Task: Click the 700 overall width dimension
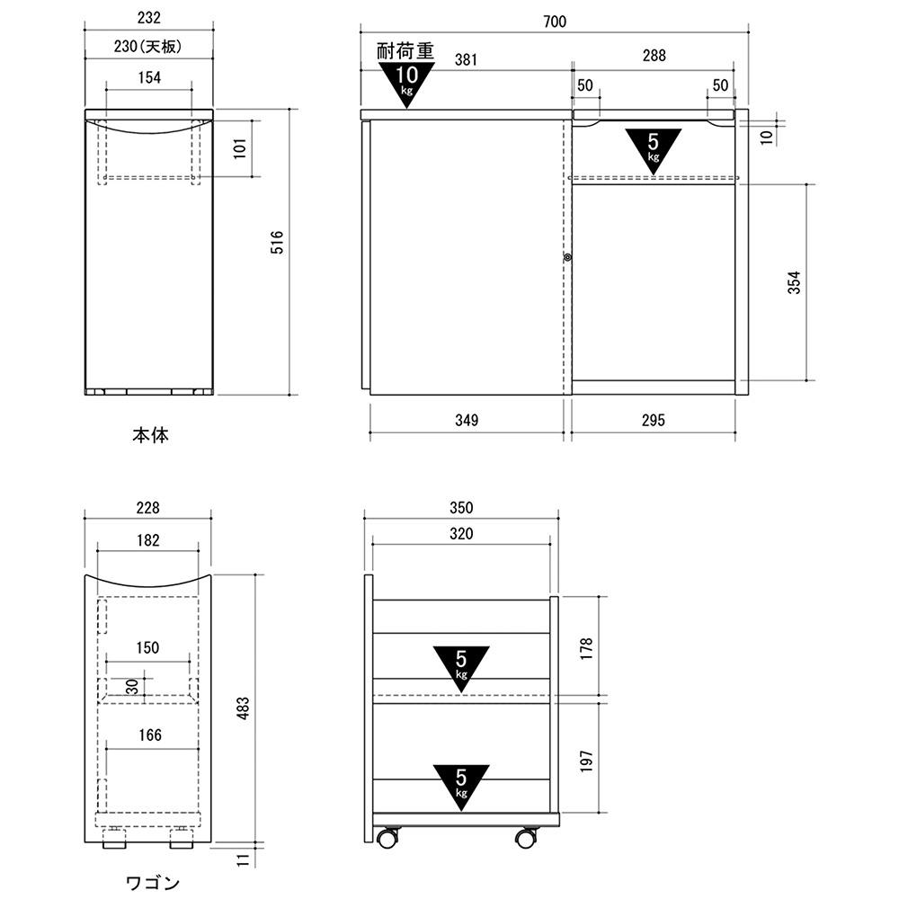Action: pyautogui.click(x=555, y=22)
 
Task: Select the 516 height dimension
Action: pyautogui.click(x=277, y=242)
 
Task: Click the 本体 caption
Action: pyautogui.click(x=150, y=435)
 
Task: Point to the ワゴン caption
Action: pyautogui.click(x=153, y=883)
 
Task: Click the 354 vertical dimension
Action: pyautogui.click(x=794, y=282)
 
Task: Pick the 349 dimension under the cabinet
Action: pyautogui.click(x=467, y=420)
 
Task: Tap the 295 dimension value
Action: pyautogui.click(x=653, y=420)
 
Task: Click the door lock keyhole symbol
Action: pyautogui.click(x=567, y=257)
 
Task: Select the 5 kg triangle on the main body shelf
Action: pyautogui.click(x=653, y=148)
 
